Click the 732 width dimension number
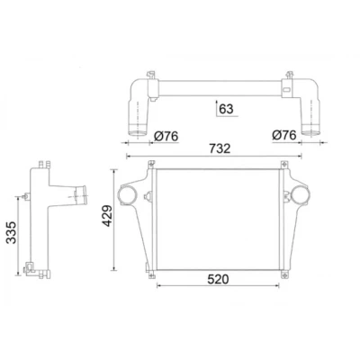[220, 148]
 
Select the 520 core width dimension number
[218, 279]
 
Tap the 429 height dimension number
[107, 215]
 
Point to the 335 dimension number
[12, 232]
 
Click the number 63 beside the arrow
[226, 109]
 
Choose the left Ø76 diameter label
[166, 136]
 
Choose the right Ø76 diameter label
[284, 135]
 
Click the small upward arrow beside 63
[216, 108]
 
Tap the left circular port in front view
[128, 194]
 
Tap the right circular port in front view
[300, 194]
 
